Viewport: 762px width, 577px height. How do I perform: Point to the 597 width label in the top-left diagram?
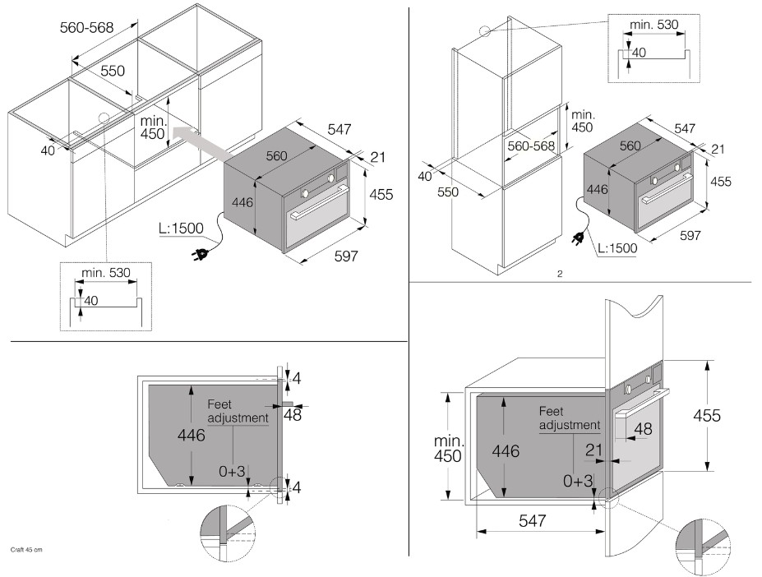pos(346,257)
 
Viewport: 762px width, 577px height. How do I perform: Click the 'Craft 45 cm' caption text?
pos(26,548)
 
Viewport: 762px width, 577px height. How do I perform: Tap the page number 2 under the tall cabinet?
pos(559,274)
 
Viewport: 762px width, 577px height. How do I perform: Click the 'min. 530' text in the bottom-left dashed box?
pos(106,272)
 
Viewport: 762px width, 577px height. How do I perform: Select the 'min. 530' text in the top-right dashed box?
pos(654,25)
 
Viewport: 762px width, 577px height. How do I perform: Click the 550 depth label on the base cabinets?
pos(113,72)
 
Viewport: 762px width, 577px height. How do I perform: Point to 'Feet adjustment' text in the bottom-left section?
pos(237,411)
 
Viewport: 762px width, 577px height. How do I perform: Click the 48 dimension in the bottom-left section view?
pos(292,415)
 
